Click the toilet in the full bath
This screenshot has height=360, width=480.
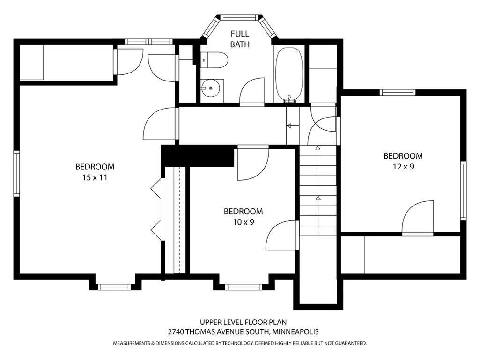[214, 60]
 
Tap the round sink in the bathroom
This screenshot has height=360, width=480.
[211, 88]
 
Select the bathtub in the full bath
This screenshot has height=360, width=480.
[289, 74]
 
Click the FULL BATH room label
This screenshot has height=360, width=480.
[240, 39]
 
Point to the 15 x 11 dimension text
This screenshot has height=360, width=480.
[95, 177]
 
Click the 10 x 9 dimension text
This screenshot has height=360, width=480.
[244, 222]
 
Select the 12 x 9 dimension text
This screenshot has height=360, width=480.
[404, 167]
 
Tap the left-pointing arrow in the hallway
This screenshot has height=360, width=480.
[293, 125]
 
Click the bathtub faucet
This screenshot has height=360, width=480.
[289, 98]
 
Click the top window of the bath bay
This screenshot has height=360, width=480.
[239, 17]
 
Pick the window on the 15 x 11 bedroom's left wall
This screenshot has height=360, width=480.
[16, 173]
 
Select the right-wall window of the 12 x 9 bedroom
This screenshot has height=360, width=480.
[464, 191]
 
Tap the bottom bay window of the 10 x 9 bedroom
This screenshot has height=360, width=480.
[244, 287]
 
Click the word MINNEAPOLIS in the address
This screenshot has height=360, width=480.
[295, 331]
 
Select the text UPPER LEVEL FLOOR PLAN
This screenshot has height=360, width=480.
[244, 322]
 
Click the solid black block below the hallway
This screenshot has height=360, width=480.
[198, 156]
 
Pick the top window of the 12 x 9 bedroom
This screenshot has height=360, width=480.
[398, 92]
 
